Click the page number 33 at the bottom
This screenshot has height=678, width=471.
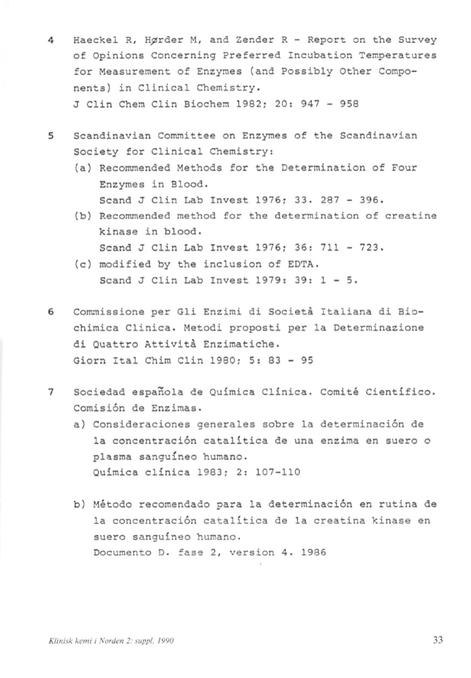[437, 640]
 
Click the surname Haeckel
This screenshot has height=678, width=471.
[95, 40]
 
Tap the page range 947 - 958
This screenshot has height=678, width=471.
[329, 103]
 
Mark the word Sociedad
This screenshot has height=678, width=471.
[99, 392]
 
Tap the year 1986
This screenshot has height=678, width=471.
[314, 553]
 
